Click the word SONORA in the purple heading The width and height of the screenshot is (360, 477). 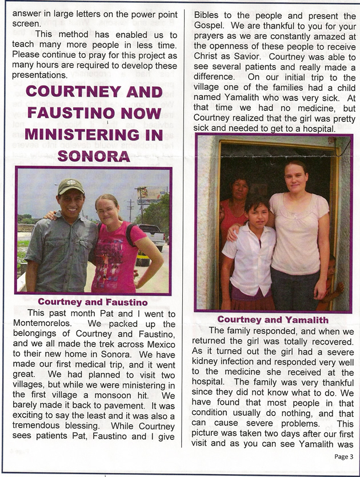pos(94,155)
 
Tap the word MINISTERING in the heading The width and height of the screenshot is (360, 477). pos(94,134)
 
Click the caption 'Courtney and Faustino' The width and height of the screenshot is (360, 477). pos(93,302)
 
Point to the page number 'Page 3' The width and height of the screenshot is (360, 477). pos(343,456)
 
